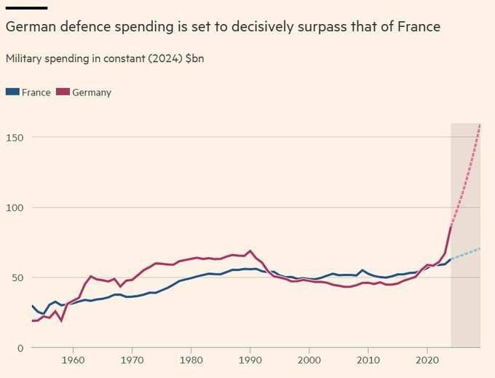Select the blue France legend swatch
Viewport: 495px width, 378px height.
click(12, 92)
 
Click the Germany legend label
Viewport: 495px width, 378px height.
click(92, 92)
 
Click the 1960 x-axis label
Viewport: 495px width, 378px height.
click(72, 360)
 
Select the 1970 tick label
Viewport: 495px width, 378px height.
click(132, 360)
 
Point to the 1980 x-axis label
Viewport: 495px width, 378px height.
click(191, 360)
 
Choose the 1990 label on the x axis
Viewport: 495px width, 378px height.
click(250, 360)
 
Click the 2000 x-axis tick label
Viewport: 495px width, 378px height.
click(309, 360)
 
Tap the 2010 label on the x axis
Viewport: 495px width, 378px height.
click(368, 360)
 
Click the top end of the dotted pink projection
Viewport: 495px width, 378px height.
click(480, 125)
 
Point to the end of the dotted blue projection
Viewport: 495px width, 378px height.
click(480, 249)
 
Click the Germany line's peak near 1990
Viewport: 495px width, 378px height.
click(250, 251)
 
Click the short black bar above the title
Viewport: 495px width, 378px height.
click(26, 8)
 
